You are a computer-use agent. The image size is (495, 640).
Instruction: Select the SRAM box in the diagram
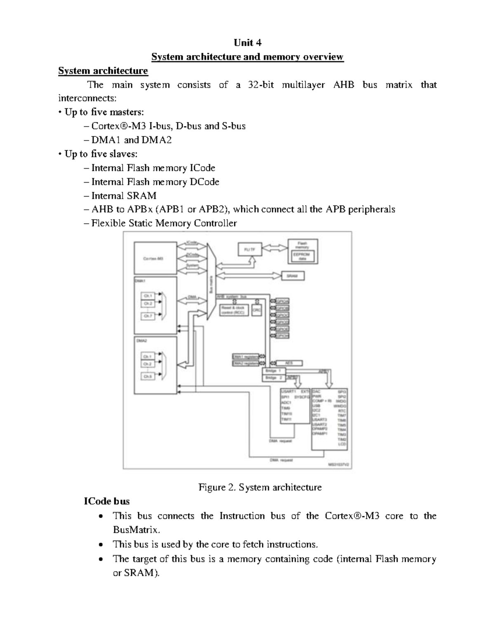[x=292, y=276]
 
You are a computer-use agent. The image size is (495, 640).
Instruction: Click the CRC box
[x=257, y=309]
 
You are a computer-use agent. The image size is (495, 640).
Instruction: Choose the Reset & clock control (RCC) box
[x=233, y=310]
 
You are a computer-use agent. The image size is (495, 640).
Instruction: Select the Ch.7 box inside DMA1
[x=148, y=316]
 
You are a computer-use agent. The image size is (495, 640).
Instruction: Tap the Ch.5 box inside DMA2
[x=148, y=376]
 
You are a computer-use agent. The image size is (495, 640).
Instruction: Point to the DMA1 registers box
[x=245, y=357]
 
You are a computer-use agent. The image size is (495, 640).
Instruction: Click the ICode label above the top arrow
[x=192, y=242]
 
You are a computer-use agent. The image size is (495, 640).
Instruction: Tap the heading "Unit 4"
[x=247, y=43]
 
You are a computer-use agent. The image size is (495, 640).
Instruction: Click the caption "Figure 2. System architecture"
[x=260, y=488]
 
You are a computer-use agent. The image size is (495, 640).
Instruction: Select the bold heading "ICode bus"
[x=106, y=502]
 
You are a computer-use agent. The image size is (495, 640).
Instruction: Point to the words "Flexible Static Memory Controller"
[x=164, y=223]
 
